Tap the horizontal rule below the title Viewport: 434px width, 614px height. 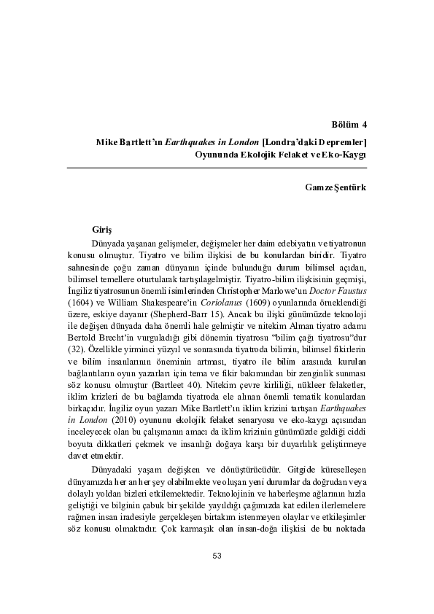pyautogui.click(x=217, y=168)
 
